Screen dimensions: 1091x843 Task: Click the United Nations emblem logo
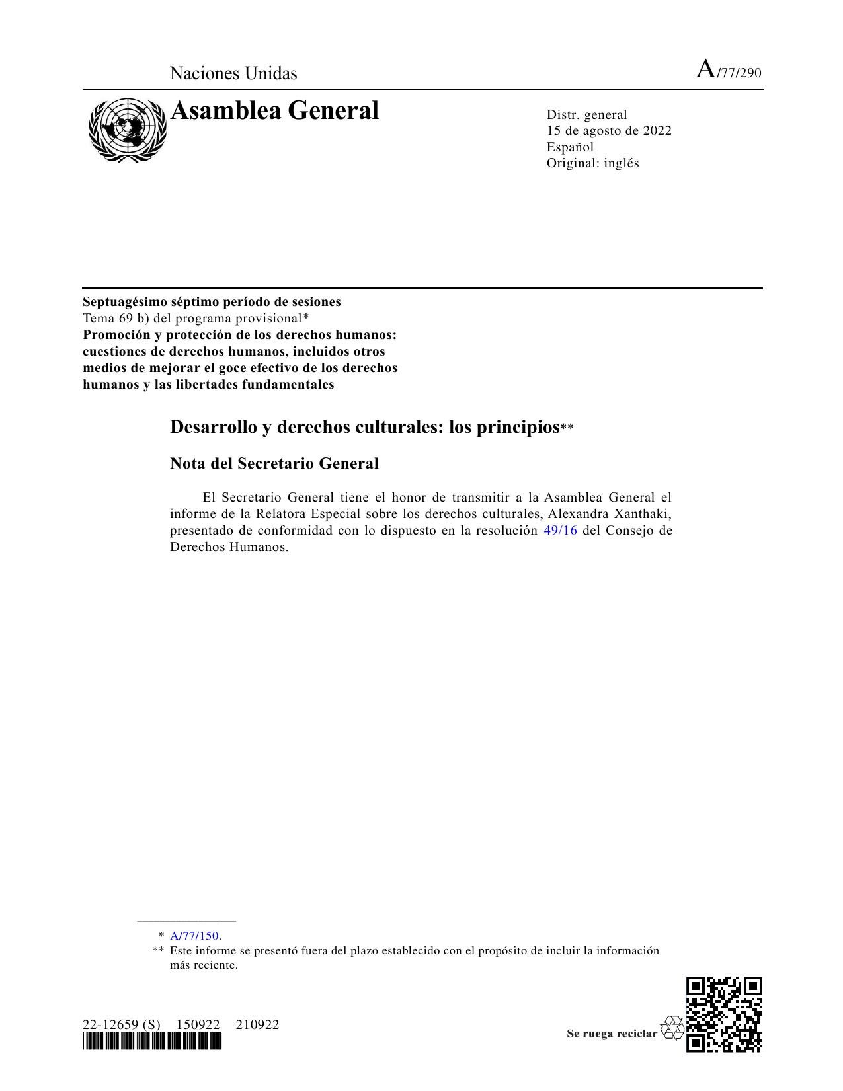[x=128, y=130]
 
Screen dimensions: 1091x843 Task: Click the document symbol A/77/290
[x=729, y=71]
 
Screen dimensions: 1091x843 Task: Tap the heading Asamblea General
[x=274, y=111]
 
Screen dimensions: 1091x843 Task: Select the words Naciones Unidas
[x=233, y=73]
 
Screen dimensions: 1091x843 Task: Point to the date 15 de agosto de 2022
[x=608, y=131]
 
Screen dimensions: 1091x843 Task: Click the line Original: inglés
[x=592, y=163]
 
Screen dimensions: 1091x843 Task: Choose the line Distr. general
[x=586, y=115]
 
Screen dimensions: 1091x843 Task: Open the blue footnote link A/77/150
[x=194, y=936]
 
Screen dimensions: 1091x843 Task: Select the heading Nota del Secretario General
[x=274, y=463]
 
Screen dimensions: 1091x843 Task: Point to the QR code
[x=724, y=1014]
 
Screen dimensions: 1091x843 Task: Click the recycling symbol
[x=672, y=1028]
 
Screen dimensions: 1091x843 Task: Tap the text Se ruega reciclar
[x=612, y=1034]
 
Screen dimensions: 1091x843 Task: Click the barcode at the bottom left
[x=152, y=1042]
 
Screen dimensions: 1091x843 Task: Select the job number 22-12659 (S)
[x=121, y=1025]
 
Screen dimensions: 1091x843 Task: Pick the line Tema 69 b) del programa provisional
[x=196, y=318]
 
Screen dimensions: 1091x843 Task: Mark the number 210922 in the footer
[x=257, y=1025]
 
